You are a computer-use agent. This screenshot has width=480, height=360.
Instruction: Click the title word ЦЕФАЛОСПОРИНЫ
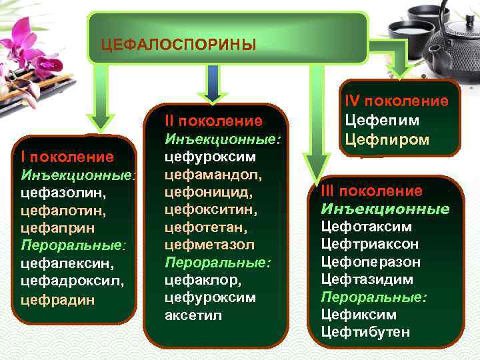[x=178, y=45]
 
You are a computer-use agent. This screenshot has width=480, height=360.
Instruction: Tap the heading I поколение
[x=68, y=157]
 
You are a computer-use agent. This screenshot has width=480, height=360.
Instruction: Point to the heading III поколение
[x=371, y=191]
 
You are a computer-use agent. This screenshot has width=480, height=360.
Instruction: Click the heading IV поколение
[x=396, y=101]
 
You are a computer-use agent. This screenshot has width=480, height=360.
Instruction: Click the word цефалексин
[x=63, y=263]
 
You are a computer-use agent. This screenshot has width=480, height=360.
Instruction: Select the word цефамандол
[x=203, y=175]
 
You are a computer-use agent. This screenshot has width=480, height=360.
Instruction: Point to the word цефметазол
[x=209, y=245]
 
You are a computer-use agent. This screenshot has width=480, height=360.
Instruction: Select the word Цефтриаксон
[x=371, y=244]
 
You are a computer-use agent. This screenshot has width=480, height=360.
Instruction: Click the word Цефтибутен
[x=365, y=331]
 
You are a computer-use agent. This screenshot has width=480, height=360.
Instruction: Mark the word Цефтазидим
[x=367, y=279]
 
